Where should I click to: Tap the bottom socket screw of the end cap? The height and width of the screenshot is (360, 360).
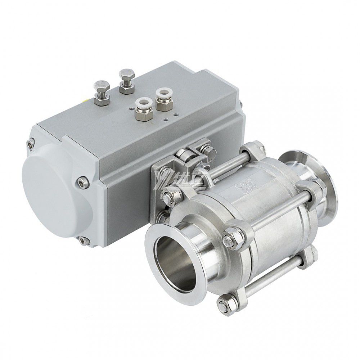83,240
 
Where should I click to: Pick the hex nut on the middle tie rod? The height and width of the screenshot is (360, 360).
230,238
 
